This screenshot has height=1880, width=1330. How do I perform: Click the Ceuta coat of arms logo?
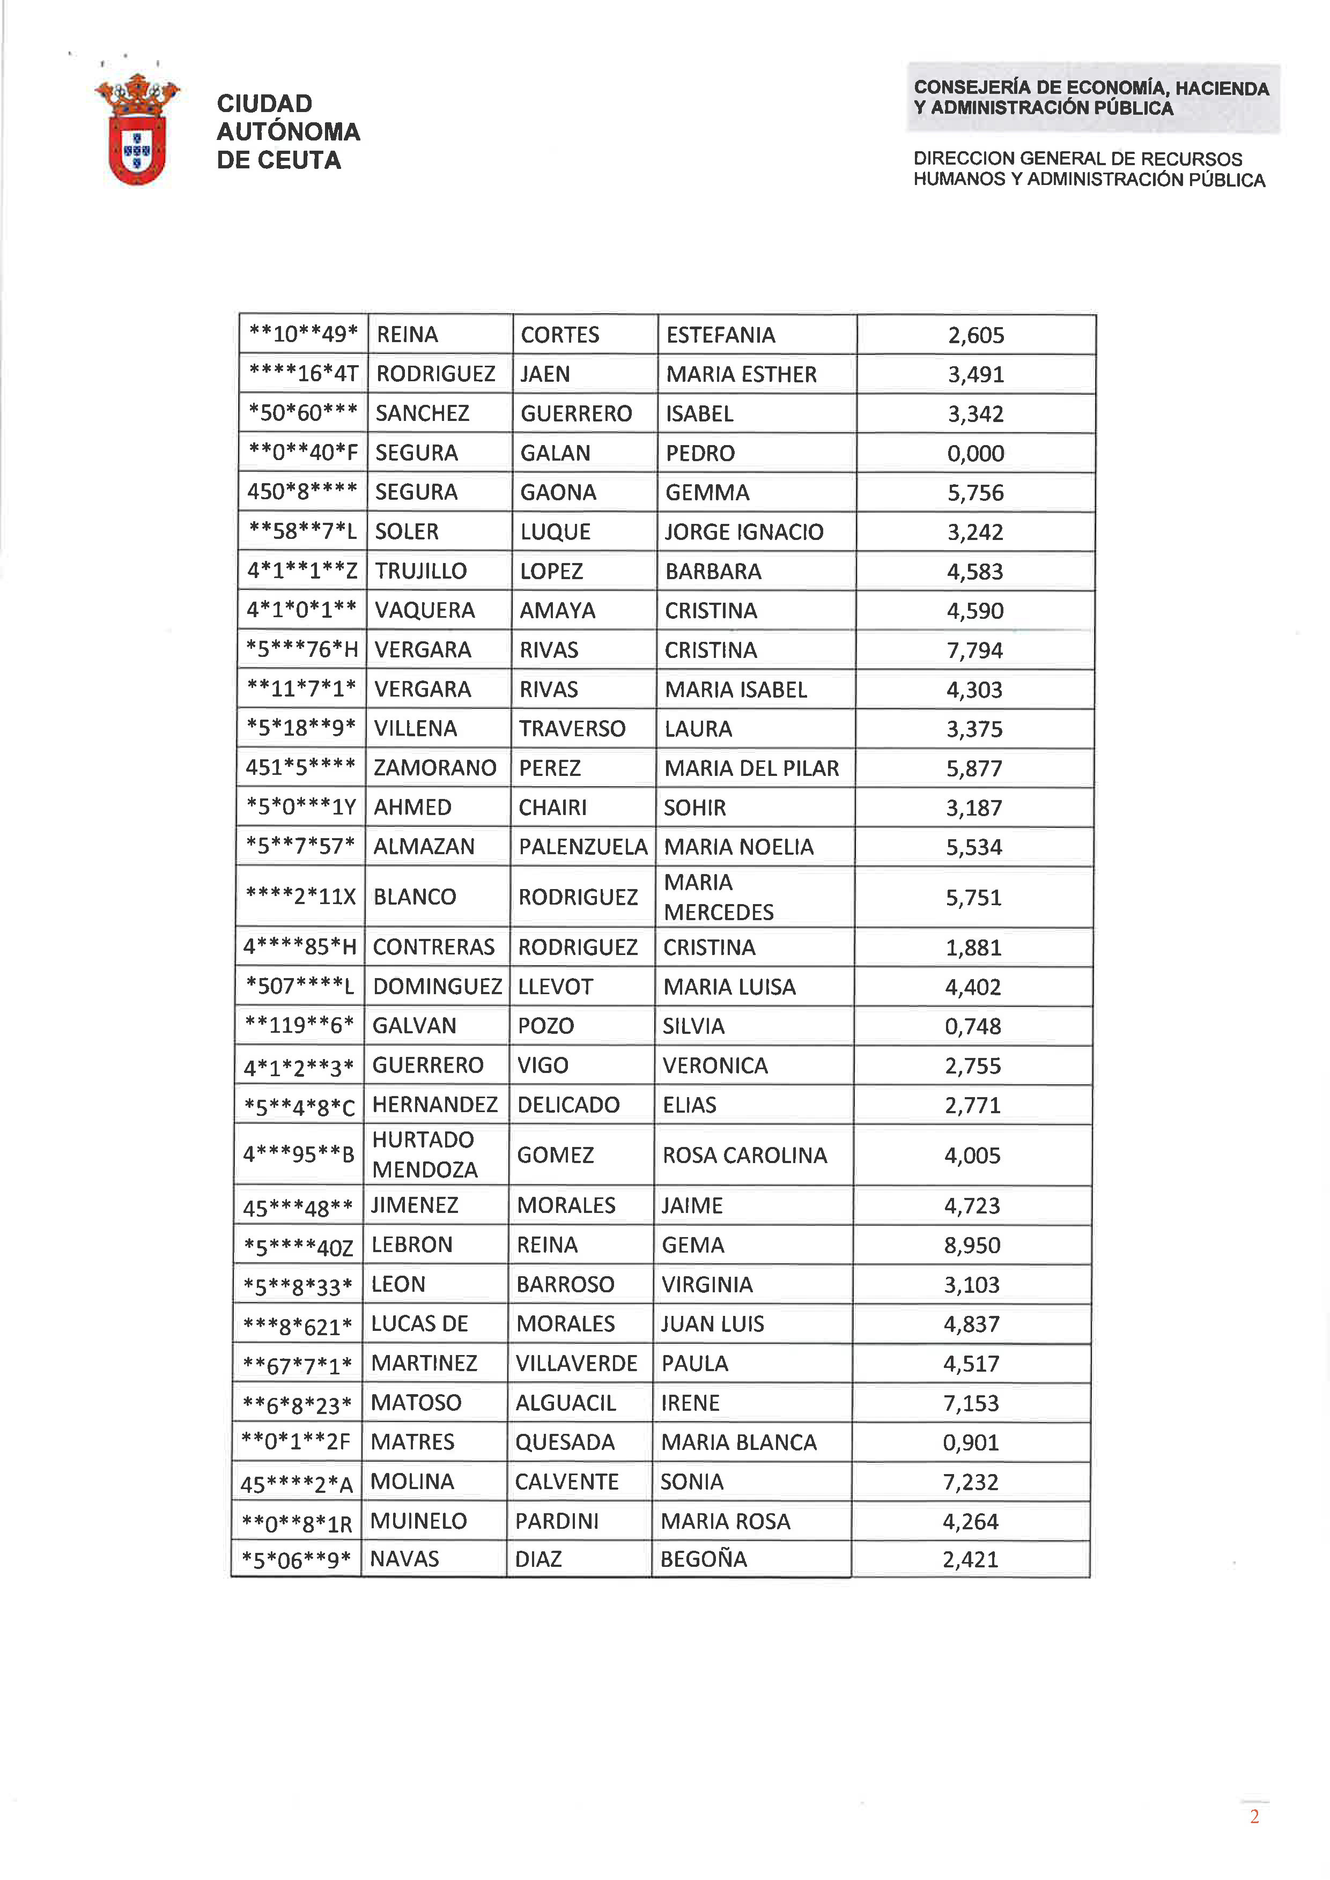click(x=137, y=129)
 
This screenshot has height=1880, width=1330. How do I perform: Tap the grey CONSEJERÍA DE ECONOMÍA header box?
click(x=1092, y=98)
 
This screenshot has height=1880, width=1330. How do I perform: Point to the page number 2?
click(x=1254, y=1817)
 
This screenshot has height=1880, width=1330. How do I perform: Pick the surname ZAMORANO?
click(x=435, y=768)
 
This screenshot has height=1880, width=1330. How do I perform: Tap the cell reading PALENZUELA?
click(x=582, y=847)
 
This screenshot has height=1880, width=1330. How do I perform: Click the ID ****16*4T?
click(x=303, y=374)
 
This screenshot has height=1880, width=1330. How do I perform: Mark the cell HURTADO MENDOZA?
click(x=424, y=1154)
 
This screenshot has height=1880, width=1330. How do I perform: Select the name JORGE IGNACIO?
click(x=744, y=532)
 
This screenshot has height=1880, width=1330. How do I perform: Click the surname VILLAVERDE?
click(x=576, y=1363)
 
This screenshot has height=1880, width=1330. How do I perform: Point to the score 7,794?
click(x=974, y=650)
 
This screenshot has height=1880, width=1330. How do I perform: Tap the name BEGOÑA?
click(x=704, y=1559)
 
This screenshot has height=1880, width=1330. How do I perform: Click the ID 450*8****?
click(x=302, y=492)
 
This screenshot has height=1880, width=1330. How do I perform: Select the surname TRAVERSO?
click(x=572, y=729)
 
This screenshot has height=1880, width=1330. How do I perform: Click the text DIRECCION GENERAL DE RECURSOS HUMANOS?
click(x=1089, y=169)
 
